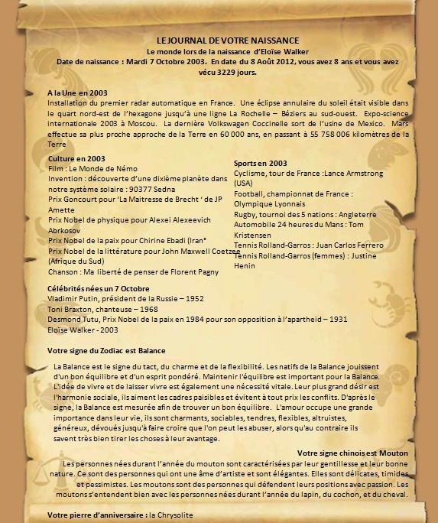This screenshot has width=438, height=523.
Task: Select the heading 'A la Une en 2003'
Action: click(x=76, y=93)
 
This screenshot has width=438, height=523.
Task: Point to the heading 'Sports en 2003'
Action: click(x=260, y=163)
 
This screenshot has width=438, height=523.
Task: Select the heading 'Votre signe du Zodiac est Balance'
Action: click(x=106, y=350)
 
